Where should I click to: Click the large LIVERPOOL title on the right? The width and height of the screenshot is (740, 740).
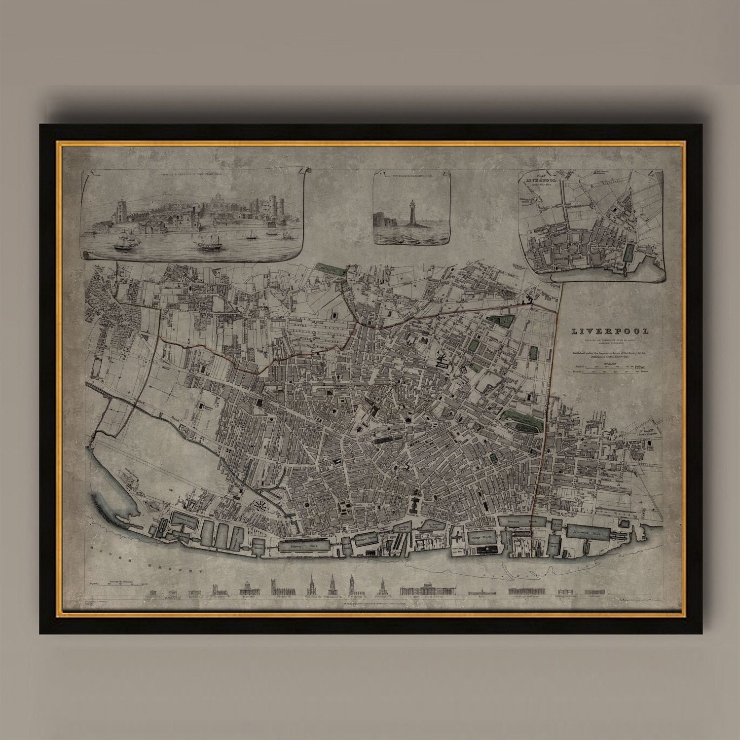click(610, 331)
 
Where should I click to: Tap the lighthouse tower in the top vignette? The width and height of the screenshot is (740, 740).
click(413, 213)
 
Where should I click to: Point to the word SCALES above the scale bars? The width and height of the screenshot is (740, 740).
click(610, 363)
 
